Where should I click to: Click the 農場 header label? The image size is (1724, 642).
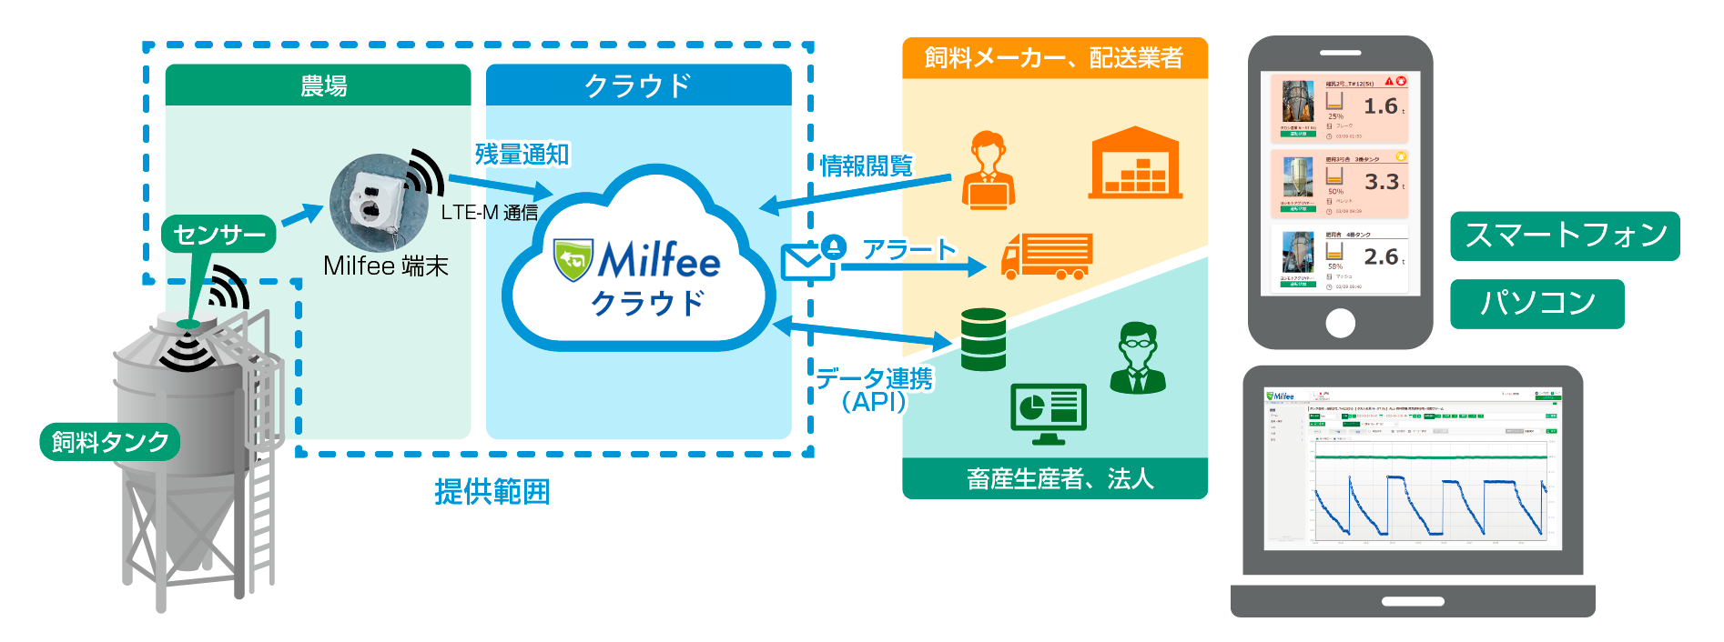[323, 86]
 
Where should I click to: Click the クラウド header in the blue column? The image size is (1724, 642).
[637, 86]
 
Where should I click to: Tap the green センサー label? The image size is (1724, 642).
[219, 235]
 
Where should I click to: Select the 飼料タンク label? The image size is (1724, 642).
[110, 442]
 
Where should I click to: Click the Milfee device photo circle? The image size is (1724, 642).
[378, 204]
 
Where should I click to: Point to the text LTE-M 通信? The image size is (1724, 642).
[489, 213]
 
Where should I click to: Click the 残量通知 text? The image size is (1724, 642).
[522, 155]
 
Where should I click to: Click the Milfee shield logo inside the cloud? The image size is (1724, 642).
[573, 260]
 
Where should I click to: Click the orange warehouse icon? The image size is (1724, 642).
[1135, 165]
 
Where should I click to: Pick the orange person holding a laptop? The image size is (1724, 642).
[988, 171]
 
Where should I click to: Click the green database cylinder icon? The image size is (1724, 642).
[983, 339]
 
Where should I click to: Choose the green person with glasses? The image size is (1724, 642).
[1137, 358]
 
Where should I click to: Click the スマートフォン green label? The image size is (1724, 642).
[1565, 236]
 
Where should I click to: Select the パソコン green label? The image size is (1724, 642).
[1536, 304]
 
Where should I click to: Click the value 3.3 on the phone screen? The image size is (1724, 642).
[1381, 182]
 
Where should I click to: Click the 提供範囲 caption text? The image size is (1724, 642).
[492, 492]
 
